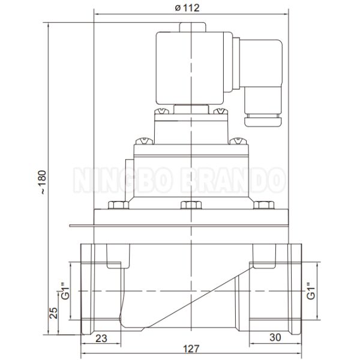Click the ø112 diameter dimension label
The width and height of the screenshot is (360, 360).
pos(187,8)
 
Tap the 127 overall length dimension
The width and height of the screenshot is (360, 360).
pos(191,349)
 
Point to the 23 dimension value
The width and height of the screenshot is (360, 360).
pos(101,338)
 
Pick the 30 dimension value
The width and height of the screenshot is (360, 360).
pos(275,337)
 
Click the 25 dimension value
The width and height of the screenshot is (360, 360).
pos(53,313)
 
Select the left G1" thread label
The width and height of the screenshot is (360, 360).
pos(65,292)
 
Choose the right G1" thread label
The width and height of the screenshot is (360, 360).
pos(311,290)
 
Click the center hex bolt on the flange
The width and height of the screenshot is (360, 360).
pos(191,205)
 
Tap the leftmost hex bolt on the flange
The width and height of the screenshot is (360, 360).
pos(118,205)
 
